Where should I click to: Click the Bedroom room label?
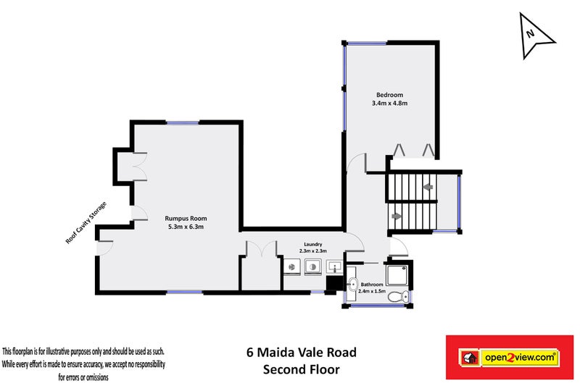tap(389, 95)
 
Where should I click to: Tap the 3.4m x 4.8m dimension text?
tap(389, 104)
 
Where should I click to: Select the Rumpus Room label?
tap(186, 218)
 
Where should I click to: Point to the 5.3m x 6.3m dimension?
tap(186, 227)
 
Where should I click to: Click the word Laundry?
tap(313, 244)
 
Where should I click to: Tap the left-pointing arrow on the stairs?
tap(428, 187)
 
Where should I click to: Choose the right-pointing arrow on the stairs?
tap(397, 216)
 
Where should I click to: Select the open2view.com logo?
tap(511, 356)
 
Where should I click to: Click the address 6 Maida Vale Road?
tap(301, 353)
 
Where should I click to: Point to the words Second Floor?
tap(301, 369)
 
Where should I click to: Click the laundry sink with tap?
tap(334, 265)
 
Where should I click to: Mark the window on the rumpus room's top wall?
tap(182, 122)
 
